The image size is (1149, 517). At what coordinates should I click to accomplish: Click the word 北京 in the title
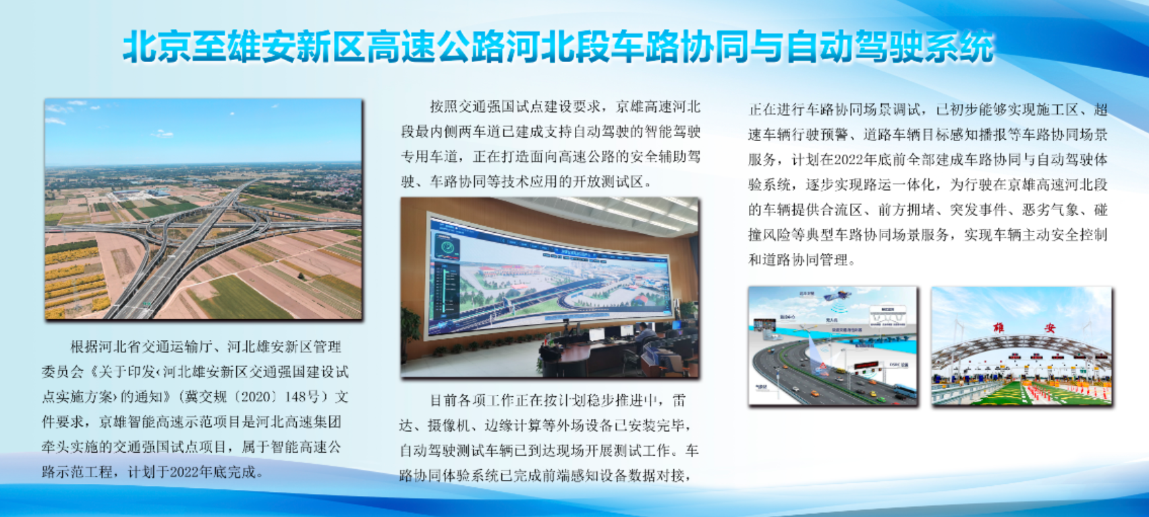point(157,47)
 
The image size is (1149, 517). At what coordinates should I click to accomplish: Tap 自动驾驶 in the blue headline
point(854,47)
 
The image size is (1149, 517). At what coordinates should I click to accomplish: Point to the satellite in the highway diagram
point(837,296)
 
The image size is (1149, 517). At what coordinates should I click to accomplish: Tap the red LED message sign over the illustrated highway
point(866,366)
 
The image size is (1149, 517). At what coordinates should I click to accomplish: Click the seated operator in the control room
point(643,336)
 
